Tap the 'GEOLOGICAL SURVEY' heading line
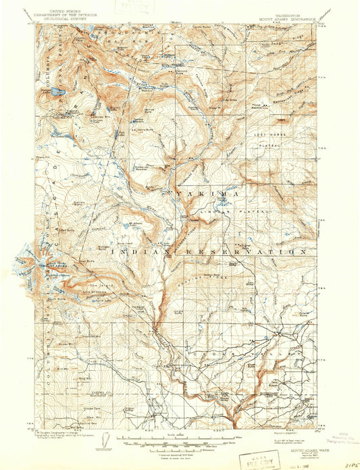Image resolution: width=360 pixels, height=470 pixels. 66,21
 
